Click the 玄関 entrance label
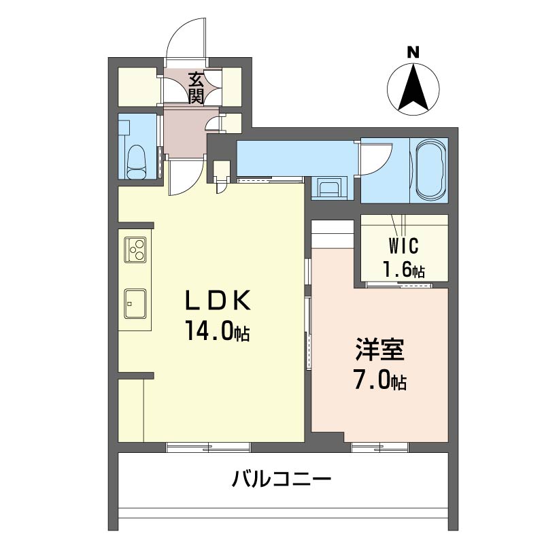click(196, 89)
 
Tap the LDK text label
click(218, 301)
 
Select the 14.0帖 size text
click(217, 330)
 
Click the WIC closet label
click(403, 245)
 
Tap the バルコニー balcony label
click(282, 479)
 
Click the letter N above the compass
click(413, 52)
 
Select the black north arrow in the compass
click(413, 88)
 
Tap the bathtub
click(430, 170)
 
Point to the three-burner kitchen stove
click(135, 250)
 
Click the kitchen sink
click(135, 303)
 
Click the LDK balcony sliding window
click(208, 447)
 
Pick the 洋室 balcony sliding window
click(380, 447)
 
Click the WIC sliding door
click(400, 285)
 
